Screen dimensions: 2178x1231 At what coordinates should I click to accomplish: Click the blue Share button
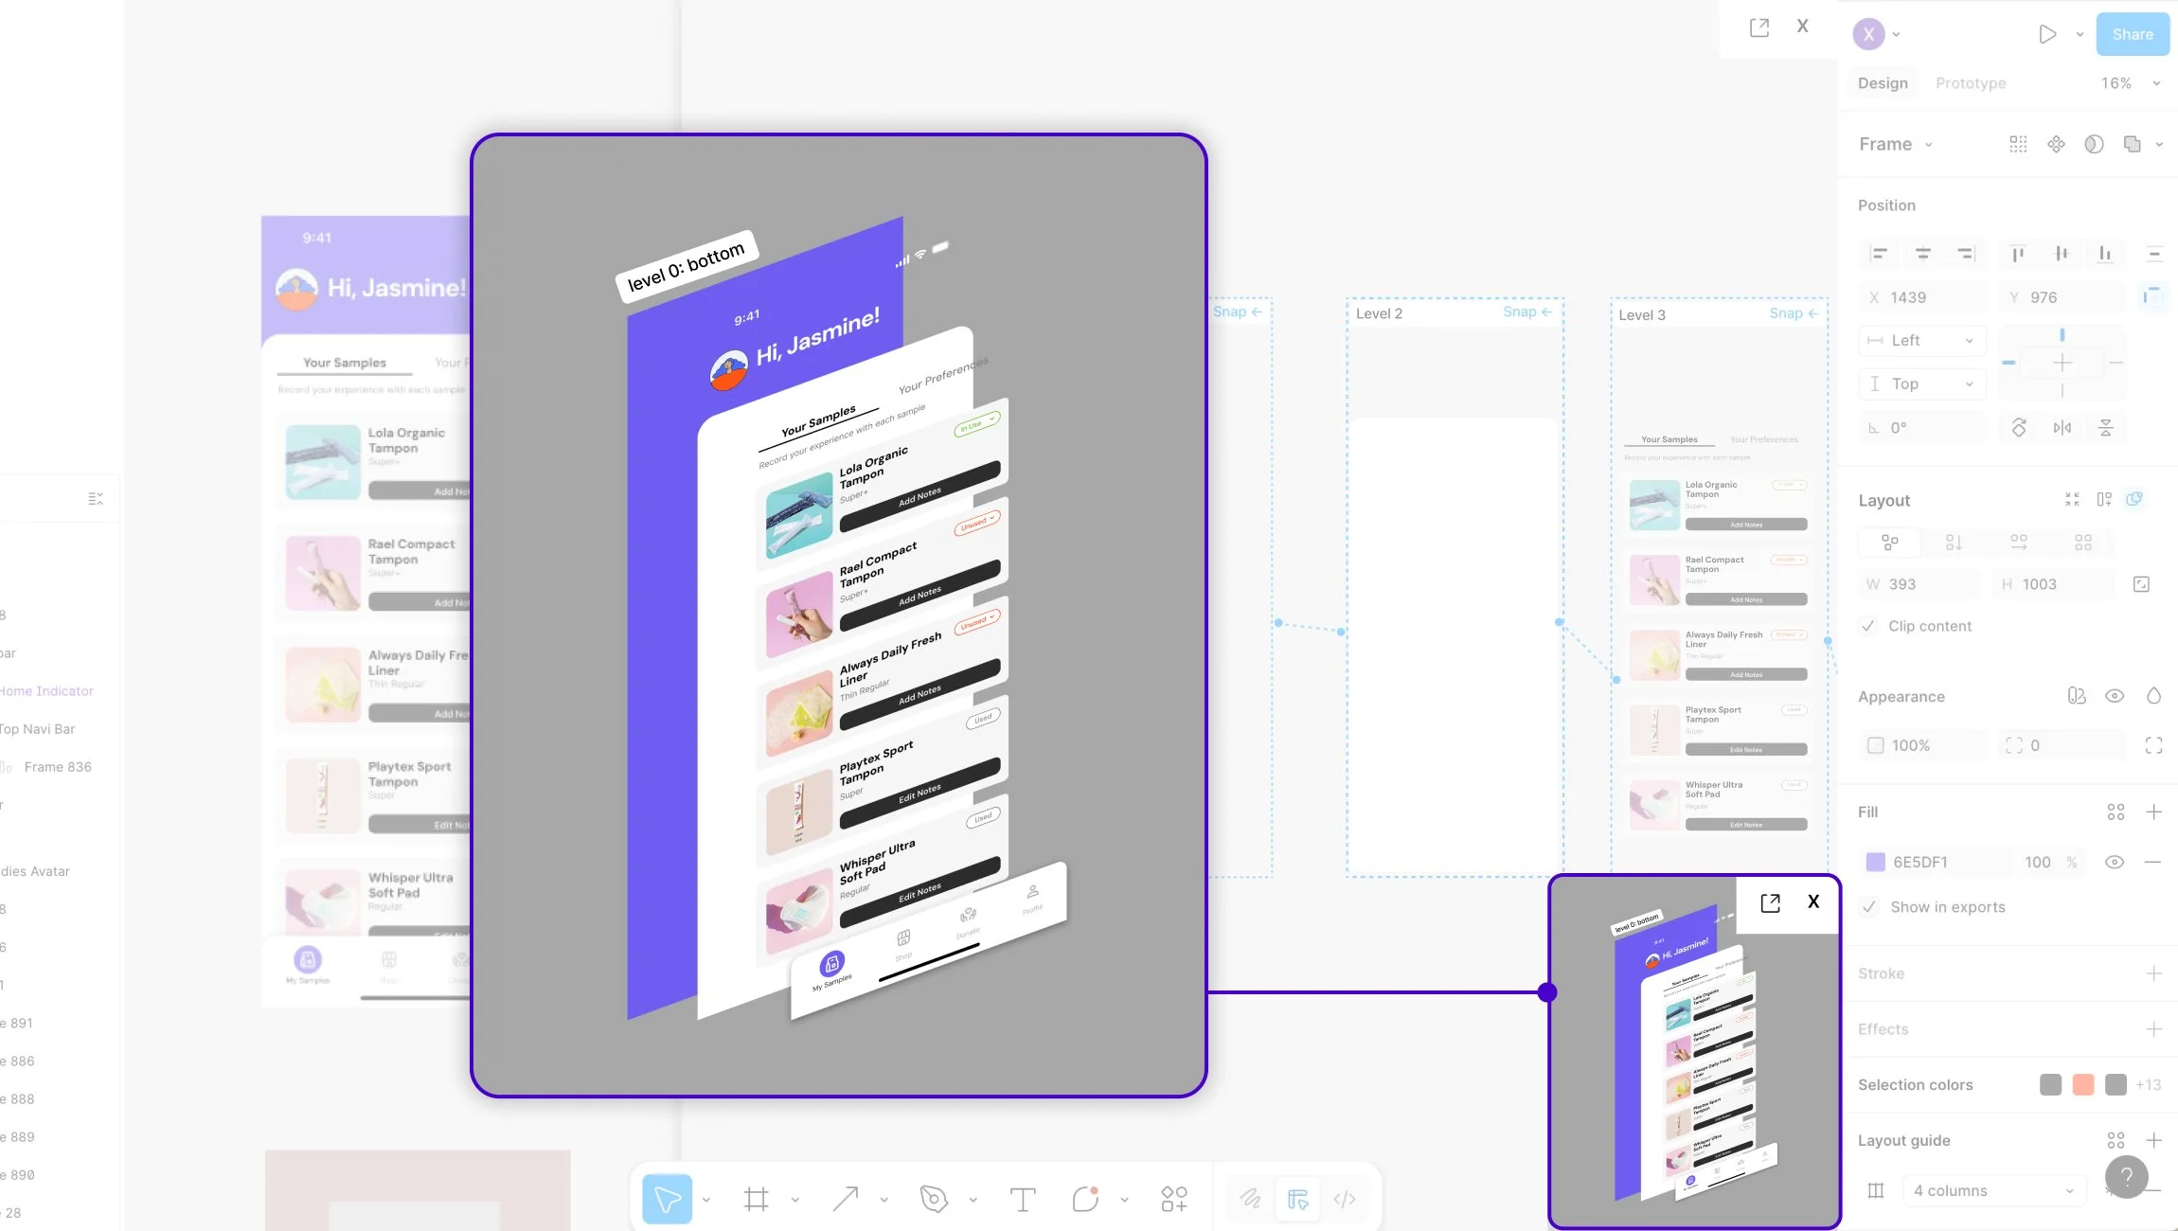(2132, 34)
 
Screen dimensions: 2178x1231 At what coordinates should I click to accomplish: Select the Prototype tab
(1970, 83)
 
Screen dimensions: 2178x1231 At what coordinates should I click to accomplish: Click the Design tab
(1882, 83)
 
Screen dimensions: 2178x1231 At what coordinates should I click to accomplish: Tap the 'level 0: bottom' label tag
(686, 266)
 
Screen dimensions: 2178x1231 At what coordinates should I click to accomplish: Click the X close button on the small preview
(1812, 901)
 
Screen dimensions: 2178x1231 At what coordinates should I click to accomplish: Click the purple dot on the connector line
(1547, 992)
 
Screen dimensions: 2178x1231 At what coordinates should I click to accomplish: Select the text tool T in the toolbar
(1023, 1200)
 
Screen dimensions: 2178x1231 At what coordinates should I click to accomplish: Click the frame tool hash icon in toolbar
(756, 1200)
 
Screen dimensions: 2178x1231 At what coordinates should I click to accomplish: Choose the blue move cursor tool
(667, 1200)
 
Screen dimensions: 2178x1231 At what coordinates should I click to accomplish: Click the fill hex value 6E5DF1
(1919, 862)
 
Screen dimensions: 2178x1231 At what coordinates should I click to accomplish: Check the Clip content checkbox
(1868, 626)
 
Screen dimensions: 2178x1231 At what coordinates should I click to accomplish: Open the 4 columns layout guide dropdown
(1992, 1190)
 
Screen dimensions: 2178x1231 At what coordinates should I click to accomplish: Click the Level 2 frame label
(1379, 313)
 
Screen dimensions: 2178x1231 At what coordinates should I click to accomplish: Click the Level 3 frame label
(1641, 315)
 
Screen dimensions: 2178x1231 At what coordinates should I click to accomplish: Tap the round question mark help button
(2126, 1177)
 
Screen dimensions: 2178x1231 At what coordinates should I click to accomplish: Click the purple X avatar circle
(1868, 34)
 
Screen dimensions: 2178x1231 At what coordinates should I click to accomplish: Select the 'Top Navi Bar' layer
(38, 728)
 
